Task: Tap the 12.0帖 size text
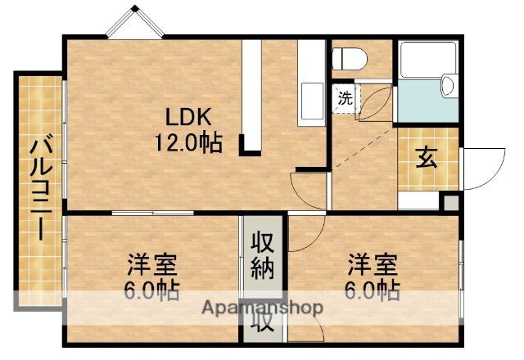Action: coord(188,143)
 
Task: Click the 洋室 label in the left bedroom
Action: coord(152,265)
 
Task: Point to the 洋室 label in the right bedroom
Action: coord(373,265)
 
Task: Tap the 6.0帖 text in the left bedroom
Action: coord(152,290)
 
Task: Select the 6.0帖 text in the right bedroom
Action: coord(373,290)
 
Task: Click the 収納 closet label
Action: coord(262,255)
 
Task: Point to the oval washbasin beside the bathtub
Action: coord(449,86)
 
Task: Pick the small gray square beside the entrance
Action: coord(449,201)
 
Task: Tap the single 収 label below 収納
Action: coord(262,323)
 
